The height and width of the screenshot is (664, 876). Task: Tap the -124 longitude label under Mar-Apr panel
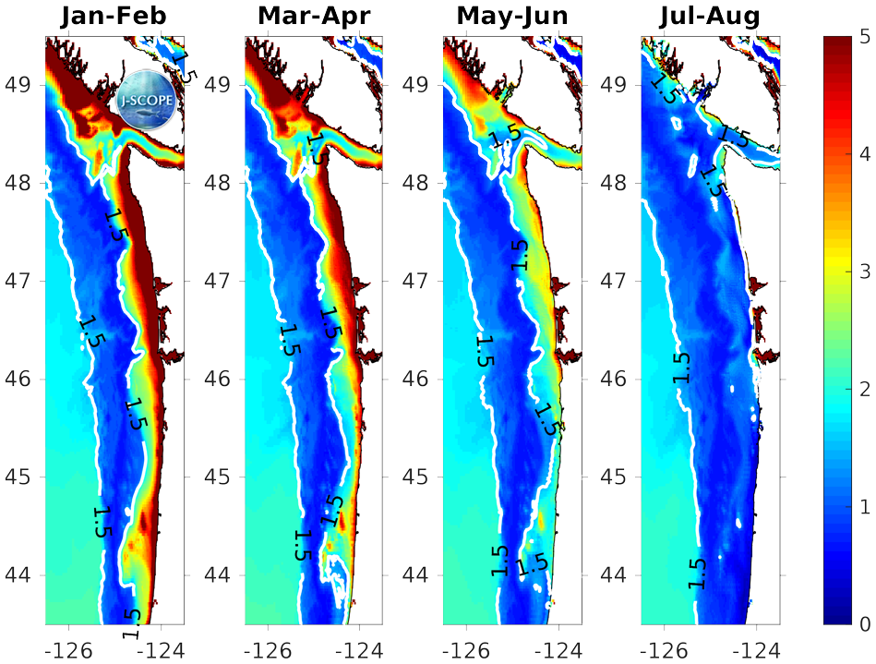point(356,649)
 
